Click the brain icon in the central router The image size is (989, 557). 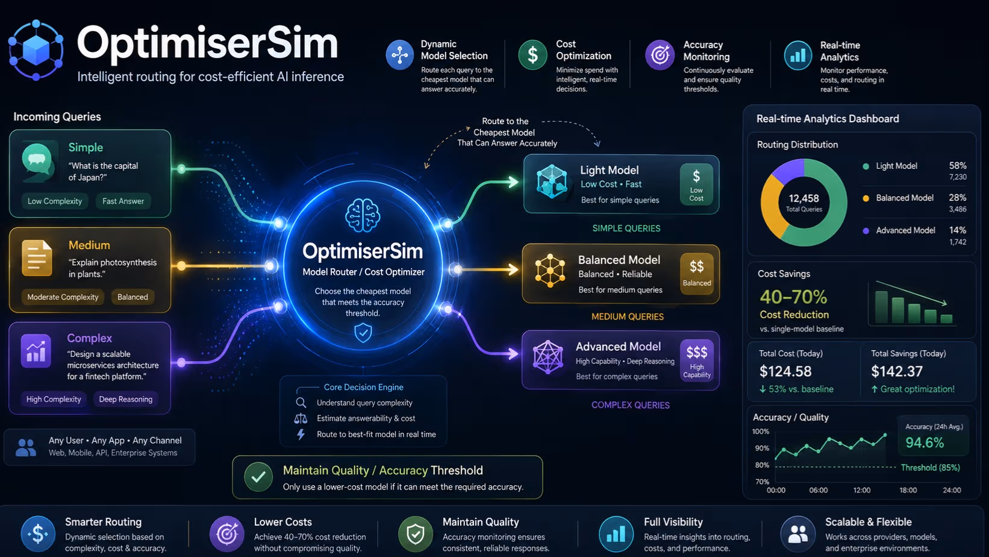[x=363, y=215]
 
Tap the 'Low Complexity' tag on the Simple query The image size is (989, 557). [x=55, y=201]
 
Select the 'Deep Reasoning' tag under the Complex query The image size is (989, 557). [x=125, y=399]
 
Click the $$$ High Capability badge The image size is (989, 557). [x=697, y=360]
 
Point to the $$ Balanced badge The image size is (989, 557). [x=697, y=274]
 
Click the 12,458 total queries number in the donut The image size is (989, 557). [x=803, y=198]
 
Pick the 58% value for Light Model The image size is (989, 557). [x=958, y=166]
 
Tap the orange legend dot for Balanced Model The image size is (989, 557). [x=866, y=198]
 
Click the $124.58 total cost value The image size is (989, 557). [x=785, y=371]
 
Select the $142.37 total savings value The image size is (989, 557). [x=897, y=371]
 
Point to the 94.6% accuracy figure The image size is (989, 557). [x=925, y=442]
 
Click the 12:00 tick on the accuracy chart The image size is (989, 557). [x=862, y=490]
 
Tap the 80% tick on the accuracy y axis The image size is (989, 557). [x=762, y=465]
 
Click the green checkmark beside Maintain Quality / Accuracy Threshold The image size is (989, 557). [x=258, y=477]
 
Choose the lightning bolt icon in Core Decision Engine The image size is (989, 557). [x=301, y=434]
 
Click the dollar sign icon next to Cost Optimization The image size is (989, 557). [x=532, y=55]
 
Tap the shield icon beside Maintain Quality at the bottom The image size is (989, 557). [x=415, y=533]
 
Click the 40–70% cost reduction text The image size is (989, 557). [x=793, y=297]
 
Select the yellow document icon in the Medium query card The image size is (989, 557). [x=37, y=258]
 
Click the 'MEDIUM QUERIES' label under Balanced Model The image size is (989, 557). [x=628, y=316]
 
